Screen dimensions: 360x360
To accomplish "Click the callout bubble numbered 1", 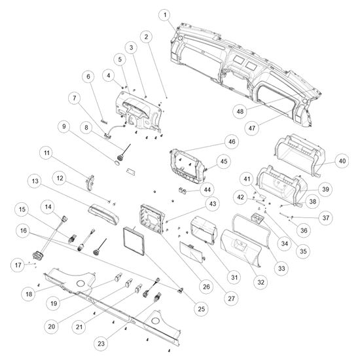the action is coord(165,15).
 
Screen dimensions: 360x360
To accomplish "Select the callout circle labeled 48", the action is coord(240,111).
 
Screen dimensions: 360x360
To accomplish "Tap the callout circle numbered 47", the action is coord(252,128).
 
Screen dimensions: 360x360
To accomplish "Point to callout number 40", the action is coord(342,161).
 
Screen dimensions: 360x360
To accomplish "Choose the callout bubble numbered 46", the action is coord(232,141).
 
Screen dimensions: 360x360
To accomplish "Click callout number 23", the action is coord(101,344).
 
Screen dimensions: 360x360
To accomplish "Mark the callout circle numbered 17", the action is coord(18,265).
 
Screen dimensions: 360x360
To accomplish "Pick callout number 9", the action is coord(64,126).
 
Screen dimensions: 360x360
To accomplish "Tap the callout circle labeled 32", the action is coord(261,282).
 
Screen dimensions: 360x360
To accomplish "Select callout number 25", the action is coord(201,308).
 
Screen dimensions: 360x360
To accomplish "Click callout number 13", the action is coord(35,181).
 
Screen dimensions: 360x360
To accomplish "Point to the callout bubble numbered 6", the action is coord(88,77).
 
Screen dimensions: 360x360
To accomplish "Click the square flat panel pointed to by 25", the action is coord(134,241).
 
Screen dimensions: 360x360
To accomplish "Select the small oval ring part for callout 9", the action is coord(117,163).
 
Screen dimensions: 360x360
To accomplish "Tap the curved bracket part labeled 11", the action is coord(90,183).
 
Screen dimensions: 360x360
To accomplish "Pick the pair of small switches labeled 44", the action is coord(183,190).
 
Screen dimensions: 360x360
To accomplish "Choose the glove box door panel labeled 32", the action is coord(241,248).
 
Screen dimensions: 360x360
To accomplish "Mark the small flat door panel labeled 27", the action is coord(192,251).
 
